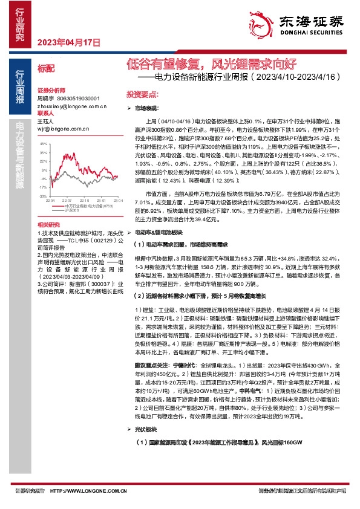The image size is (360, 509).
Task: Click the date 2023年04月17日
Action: [68, 42]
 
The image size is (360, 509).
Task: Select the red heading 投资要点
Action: [142, 95]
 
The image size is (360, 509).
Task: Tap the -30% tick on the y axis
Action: [42, 196]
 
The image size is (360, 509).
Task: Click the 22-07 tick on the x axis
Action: [67, 200]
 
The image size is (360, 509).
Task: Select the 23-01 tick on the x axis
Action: [100, 200]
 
